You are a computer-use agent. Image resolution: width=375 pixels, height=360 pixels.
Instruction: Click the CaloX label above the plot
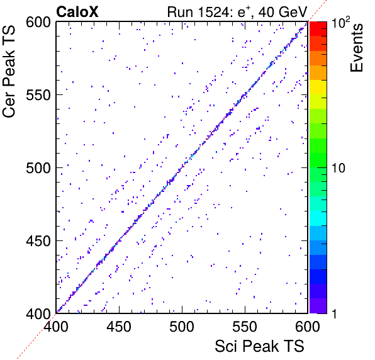click(77, 12)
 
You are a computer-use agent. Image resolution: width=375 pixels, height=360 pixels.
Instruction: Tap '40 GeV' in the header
click(283, 12)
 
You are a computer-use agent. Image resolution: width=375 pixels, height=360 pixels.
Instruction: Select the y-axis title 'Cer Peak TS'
click(9, 71)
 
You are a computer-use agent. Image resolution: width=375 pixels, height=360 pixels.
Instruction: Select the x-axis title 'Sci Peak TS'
click(259, 346)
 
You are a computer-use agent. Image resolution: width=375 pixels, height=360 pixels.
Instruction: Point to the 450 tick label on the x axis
click(119, 327)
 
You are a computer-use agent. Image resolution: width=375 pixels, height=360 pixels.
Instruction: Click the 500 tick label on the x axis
click(182, 327)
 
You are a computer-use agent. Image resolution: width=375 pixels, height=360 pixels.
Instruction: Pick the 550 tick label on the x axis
click(245, 327)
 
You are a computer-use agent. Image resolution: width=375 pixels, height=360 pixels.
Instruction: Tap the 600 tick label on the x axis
click(308, 327)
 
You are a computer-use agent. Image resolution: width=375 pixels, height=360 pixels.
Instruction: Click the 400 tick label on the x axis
click(56, 327)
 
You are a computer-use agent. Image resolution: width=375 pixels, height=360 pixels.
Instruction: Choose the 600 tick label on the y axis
click(38, 23)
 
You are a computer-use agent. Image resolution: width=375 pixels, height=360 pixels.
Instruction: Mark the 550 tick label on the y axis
click(38, 96)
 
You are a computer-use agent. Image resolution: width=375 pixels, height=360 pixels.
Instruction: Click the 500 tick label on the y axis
click(38, 169)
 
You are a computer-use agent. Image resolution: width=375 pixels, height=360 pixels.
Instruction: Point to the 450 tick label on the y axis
click(38, 241)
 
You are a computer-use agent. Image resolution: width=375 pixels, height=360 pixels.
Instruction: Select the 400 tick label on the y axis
click(38, 313)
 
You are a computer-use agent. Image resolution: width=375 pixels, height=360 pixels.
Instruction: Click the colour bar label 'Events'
click(356, 48)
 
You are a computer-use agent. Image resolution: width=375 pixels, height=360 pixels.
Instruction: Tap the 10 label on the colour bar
click(339, 168)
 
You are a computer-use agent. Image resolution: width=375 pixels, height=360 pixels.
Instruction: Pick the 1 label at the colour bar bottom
click(334, 313)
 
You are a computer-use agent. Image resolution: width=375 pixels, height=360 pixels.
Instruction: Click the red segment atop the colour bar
click(318, 29)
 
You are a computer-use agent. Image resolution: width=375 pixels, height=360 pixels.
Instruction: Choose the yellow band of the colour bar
click(318, 87)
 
